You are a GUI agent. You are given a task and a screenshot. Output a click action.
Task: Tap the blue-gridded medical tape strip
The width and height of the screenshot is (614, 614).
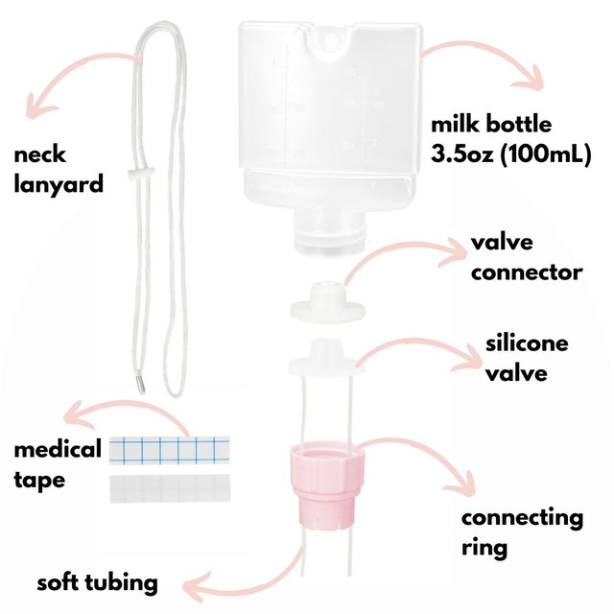click(x=171, y=448)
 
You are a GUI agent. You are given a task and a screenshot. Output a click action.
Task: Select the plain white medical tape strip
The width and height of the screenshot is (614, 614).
click(x=171, y=488)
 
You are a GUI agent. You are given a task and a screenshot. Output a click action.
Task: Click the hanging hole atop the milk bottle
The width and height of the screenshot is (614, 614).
click(x=332, y=37)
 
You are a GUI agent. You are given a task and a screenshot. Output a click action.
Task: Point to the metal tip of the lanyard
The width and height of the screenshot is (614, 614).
click(x=140, y=381)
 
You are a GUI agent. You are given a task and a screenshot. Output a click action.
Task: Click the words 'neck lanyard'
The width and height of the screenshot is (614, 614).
click(x=57, y=169)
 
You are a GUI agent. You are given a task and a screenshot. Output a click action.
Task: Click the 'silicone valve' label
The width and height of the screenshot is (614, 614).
click(x=527, y=358)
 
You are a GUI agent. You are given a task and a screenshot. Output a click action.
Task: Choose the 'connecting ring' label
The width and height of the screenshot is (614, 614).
click(x=521, y=533)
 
